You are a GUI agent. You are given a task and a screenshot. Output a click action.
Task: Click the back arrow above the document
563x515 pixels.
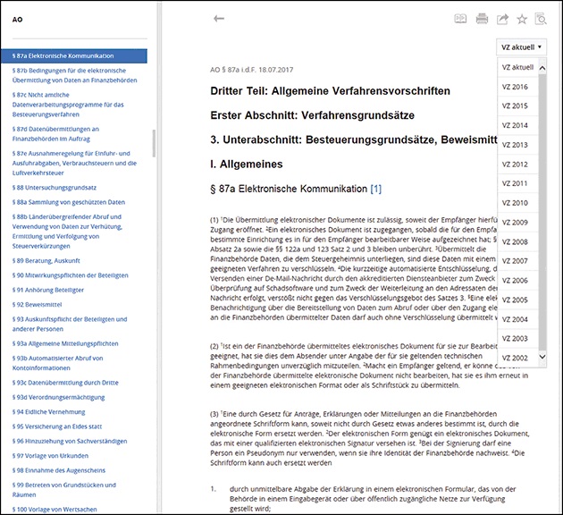(219, 19)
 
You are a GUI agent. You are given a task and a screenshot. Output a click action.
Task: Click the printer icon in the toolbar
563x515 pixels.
(483, 19)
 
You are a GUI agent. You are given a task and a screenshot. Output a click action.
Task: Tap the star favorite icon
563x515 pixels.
(522, 19)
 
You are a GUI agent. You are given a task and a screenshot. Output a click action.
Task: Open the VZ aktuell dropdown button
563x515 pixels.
(521, 46)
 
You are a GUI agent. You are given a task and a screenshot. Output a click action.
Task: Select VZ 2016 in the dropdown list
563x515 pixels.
(515, 87)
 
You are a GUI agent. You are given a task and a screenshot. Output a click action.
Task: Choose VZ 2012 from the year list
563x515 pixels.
(515, 165)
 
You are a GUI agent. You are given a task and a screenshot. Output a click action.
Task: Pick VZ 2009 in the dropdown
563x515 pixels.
(515, 222)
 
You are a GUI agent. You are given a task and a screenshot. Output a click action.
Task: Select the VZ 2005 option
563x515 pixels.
(515, 300)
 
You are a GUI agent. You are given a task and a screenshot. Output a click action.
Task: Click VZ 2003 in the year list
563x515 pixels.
(515, 338)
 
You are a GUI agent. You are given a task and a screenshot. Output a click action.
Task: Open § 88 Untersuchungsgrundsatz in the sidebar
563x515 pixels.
(55, 187)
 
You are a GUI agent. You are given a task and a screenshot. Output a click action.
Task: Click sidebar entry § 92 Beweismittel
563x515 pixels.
(37, 304)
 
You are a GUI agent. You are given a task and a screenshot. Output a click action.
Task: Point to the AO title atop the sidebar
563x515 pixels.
(17, 19)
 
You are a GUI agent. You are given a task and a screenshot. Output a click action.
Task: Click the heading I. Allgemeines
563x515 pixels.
(247, 165)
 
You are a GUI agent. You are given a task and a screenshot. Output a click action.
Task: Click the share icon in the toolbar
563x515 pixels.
(502, 19)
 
